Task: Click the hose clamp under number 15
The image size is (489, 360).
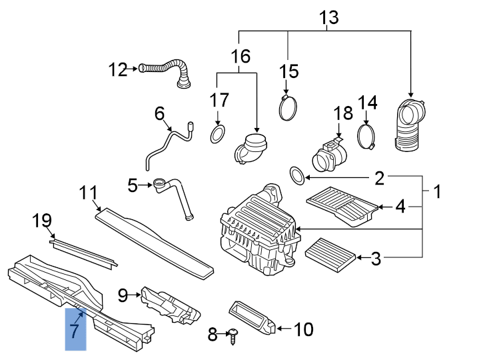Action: click(x=288, y=107)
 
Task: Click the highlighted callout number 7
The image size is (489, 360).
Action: click(x=75, y=329)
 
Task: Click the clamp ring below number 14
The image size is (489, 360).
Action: click(x=366, y=136)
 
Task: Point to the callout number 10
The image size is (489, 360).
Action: click(x=302, y=329)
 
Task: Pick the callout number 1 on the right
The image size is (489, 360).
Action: click(x=437, y=193)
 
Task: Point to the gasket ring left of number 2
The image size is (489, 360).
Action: click(x=298, y=176)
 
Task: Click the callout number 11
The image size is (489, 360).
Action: click(x=88, y=193)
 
